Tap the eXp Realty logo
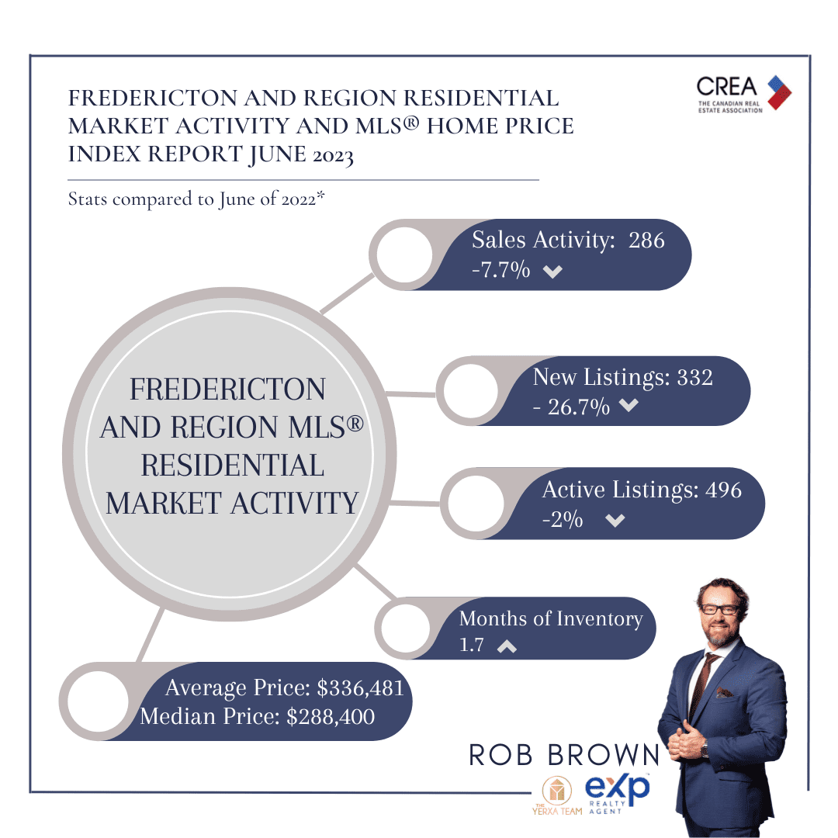point(618,793)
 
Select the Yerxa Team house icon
point(557,790)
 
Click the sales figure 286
point(646,241)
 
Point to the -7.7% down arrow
point(552,272)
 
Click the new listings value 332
point(694,378)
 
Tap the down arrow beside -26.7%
point(628,405)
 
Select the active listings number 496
point(724,490)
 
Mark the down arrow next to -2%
point(615,520)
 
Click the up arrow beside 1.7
point(507,646)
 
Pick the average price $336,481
point(360,688)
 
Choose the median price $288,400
point(331,717)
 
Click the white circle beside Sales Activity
point(404,255)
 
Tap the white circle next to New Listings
point(470,390)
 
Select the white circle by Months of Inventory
point(406,628)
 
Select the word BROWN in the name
point(604,755)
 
